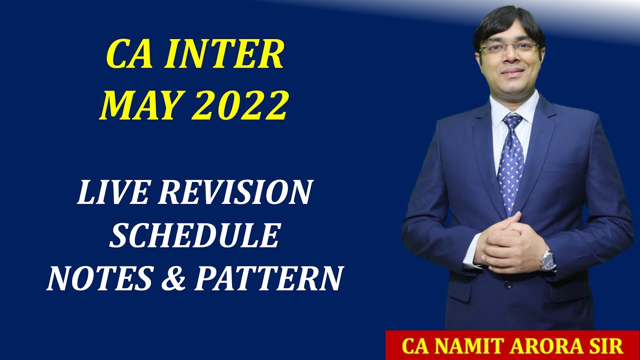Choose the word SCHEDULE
[x=194, y=235]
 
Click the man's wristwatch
[x=548, y=259]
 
